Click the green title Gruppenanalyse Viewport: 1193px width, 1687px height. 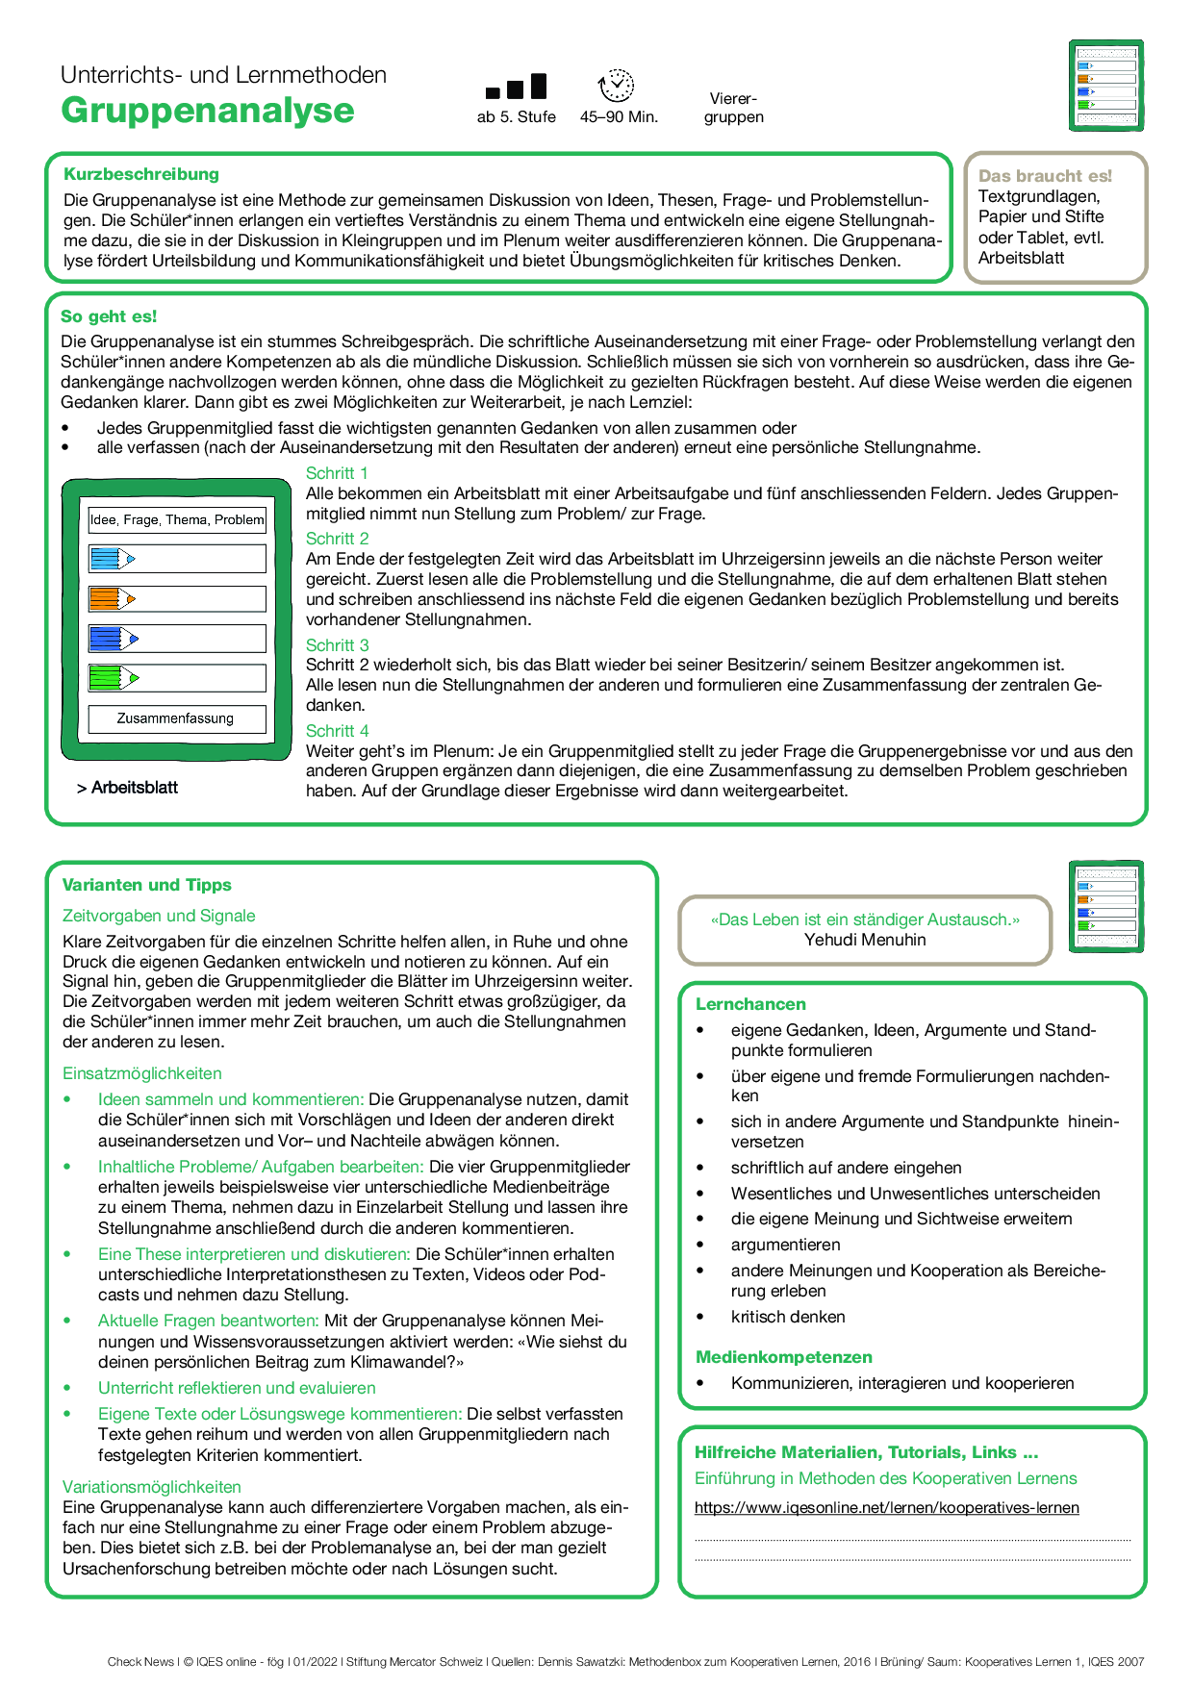207,111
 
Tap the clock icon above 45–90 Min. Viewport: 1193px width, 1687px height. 616,86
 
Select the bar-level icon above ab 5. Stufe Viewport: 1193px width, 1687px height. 517,88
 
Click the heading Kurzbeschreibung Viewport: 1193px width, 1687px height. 141,174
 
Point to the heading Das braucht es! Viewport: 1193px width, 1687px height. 1045,176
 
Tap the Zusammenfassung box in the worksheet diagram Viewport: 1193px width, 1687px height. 176,718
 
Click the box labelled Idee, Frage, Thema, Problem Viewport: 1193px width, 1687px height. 177,520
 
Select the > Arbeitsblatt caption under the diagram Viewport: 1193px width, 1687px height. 128,788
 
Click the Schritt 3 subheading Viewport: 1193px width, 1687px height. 337,645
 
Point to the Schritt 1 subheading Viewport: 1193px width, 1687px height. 337,473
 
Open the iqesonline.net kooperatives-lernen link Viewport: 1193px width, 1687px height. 886,1508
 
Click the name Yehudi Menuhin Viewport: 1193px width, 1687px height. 865,940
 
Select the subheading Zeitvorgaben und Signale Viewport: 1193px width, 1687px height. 159,916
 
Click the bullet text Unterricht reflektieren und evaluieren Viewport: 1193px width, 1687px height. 237,1388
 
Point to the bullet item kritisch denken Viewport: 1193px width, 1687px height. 788,1317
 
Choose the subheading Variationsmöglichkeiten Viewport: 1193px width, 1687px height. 152,1487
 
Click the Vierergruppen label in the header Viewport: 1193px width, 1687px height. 733,108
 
